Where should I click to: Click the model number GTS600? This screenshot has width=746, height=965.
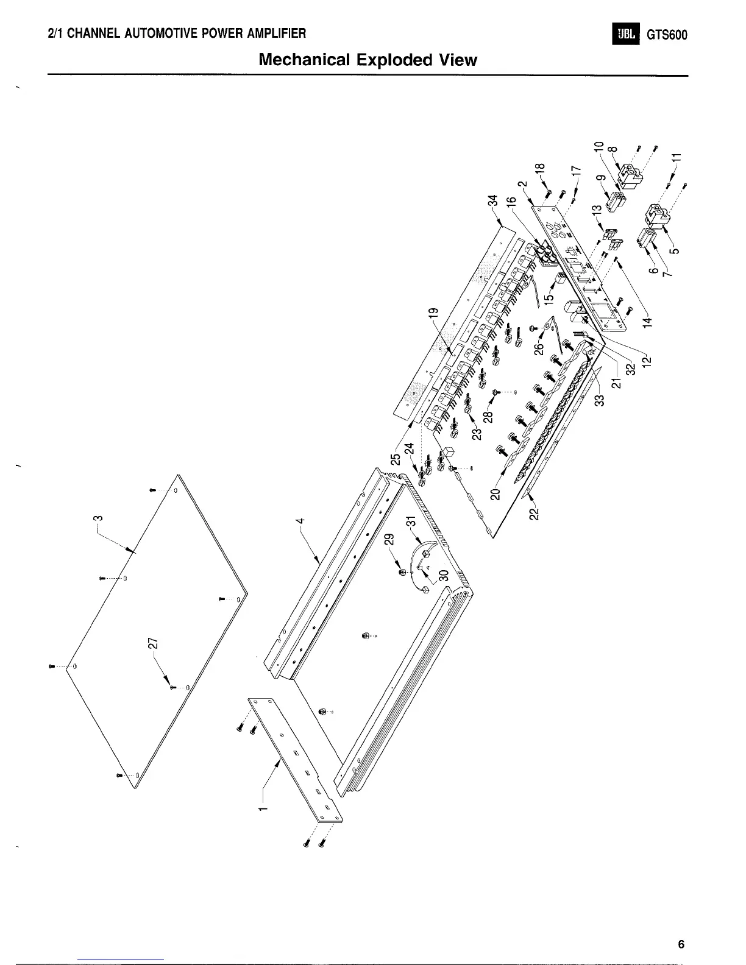click(667, 35)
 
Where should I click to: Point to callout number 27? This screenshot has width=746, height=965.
click(153, 643)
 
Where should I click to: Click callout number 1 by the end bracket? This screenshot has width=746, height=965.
click(263, 808)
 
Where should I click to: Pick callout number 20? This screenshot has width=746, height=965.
click(495, 492)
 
